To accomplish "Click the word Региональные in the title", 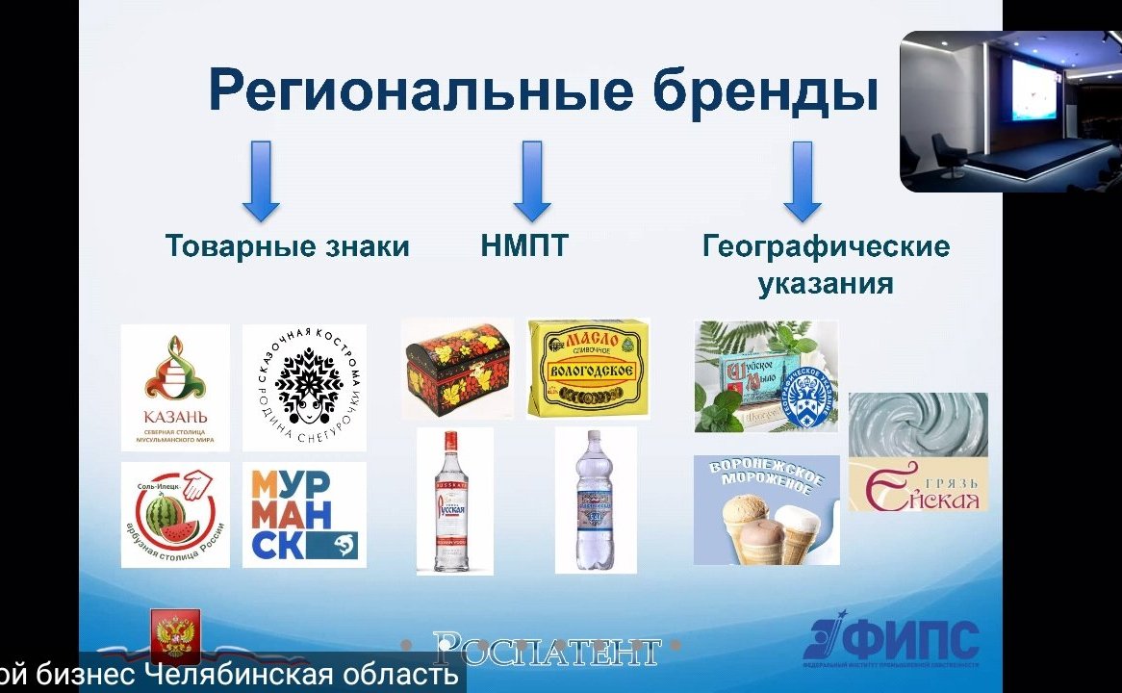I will click(421, 91).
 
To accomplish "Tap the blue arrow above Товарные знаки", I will click(261, 181).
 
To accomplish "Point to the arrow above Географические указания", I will click(802, 181).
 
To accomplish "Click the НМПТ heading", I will click(524, 246).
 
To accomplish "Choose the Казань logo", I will click(175, 387).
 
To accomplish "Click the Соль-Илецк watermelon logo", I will click(175, 514).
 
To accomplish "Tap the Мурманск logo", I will click(304, 514).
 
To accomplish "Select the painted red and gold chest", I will click(458, 369).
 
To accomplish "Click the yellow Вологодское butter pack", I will click(588, 369).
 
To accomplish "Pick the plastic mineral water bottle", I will click(596, 500).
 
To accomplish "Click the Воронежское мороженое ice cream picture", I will click(766, 510).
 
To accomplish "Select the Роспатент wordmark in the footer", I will click(547, 651).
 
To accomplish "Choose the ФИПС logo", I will click(892, 643).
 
